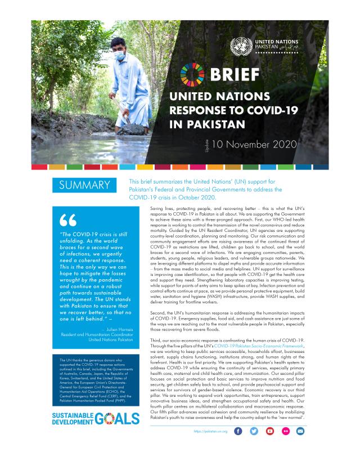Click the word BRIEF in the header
tap(236, 74)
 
